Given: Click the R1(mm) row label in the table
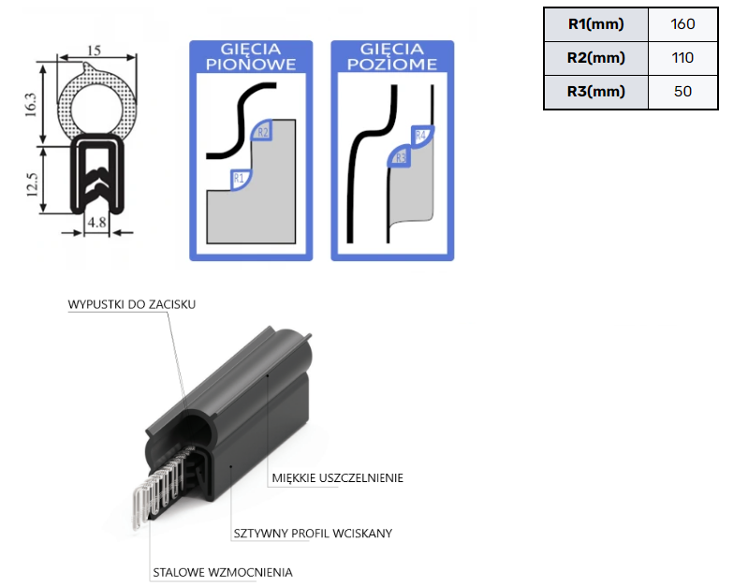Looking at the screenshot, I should click(x=595, y=24).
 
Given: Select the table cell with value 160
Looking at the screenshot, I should click(x=682, y=24).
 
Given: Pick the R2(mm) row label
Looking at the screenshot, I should click(x=595, y=58).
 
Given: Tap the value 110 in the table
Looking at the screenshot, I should click(x=682, y=58).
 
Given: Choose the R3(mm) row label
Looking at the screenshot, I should click(x=595, y=92).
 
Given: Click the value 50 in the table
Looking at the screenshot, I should click(x=682, y=92).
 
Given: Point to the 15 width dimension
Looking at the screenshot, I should click(x=94, y=50).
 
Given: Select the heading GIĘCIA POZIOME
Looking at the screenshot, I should click(x=392, y=56).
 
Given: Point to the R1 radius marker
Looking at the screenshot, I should click(x=239, y=177).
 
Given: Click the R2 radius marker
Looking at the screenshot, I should click(x=262, y=133).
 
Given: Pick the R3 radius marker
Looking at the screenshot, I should click(x=400, y=158).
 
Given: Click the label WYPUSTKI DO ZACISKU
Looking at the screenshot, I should click(x=132, y=304).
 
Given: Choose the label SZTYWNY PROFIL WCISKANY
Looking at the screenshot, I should click(x=312, y=534).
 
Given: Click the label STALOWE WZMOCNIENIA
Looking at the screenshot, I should click(x=223, y=572).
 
